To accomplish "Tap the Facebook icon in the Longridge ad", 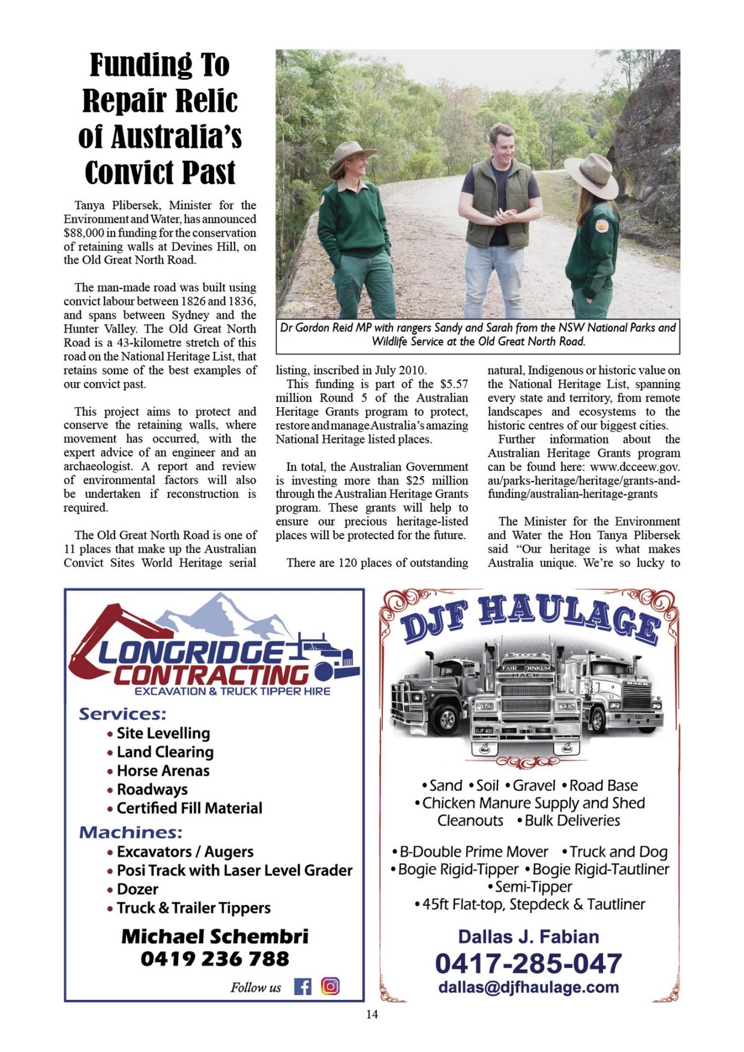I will coord(302,987).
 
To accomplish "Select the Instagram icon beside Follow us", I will coord(330,986).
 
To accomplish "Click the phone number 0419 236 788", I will coord(215,959).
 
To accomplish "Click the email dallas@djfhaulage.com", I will coord(528,987).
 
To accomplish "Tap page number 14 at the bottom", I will coord(372,1015).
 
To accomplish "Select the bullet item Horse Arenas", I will coord(163,771).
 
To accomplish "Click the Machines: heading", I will coord(130,832).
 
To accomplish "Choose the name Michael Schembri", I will coord(215,936).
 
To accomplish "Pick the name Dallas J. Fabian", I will coord(528,937).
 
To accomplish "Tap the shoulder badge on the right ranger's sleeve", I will coord(602,225).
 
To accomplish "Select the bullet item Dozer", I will coord(137,889).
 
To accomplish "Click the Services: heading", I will coord(122,714).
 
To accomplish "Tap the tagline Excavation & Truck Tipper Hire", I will coord(232,691).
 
